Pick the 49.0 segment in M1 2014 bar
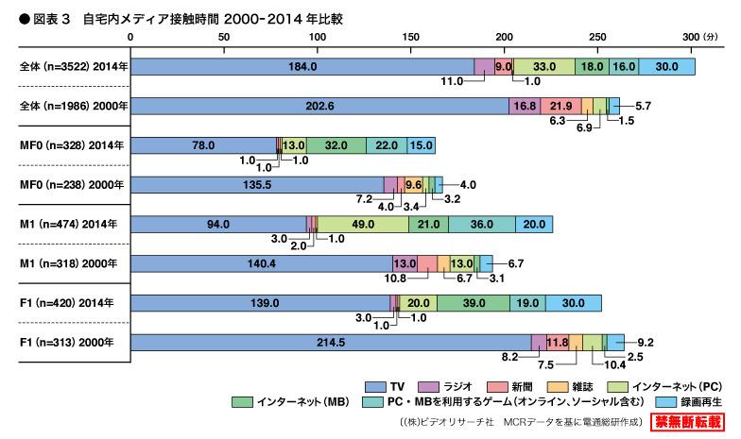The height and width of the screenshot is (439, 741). point(363,224)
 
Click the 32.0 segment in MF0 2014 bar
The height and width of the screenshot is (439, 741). point(336,145)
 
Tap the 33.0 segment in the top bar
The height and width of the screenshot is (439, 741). point(544,66)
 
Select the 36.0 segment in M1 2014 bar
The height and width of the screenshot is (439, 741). point(481,224)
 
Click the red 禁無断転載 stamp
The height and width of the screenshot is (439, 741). point(685,422)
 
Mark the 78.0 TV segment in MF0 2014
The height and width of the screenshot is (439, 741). point(203,145)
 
